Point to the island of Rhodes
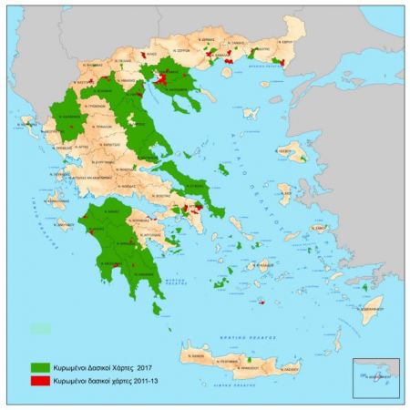pos(370,308)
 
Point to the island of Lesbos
pos(293,150)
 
